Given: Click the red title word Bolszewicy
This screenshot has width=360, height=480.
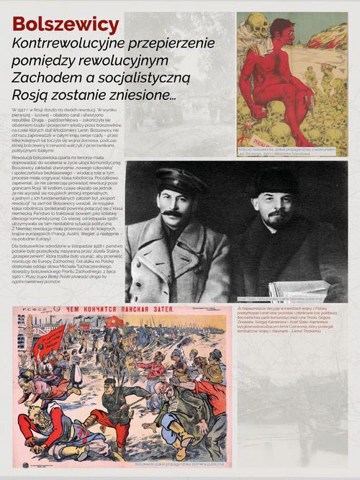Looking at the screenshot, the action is pos(66,24).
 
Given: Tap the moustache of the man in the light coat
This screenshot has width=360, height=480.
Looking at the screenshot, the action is pos(171,213).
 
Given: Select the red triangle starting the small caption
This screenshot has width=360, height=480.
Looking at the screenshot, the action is pos(239,307).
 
